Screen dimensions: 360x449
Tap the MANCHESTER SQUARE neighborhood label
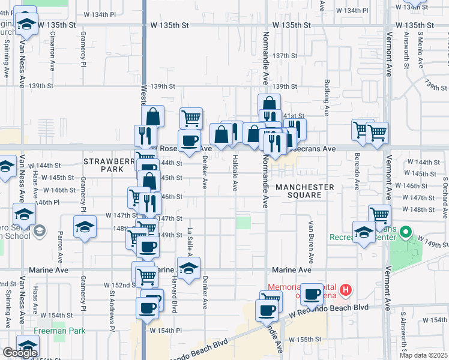304,191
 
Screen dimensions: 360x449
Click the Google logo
20,353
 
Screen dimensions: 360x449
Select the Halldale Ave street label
234,175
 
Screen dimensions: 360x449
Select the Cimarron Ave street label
53,43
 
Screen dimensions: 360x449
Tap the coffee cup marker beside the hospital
312,294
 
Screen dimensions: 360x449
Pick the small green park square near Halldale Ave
243,223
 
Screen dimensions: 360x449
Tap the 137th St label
286,55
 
